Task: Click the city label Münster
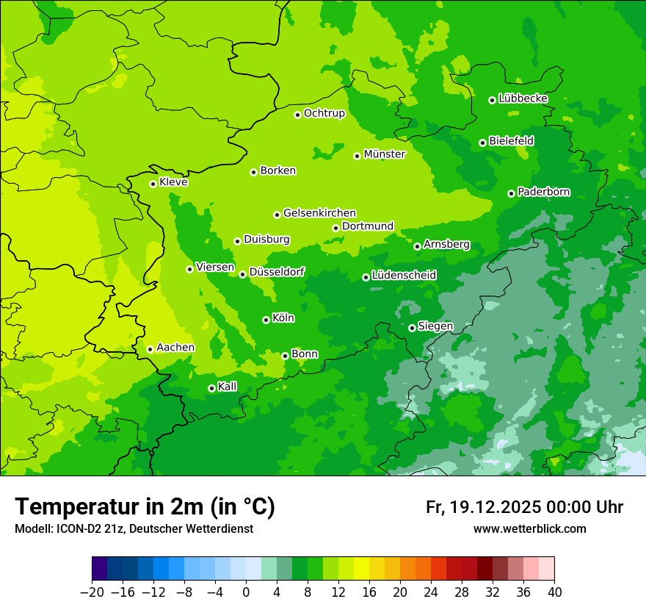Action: point(384,154)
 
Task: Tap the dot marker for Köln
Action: point(266,320)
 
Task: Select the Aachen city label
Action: point(175,348)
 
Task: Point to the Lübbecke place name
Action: point(523,98)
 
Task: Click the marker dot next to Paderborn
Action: point(511,193)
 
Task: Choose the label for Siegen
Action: point(435,326)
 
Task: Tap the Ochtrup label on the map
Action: point(324,113)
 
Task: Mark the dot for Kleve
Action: point(153,184)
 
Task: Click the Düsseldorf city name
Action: point(277,272)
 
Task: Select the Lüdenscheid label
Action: point(404,276)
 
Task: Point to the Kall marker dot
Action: point(211,388)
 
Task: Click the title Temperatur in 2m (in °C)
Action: point(145,507)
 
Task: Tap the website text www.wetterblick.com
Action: point(529,529)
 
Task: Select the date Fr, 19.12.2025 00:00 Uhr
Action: point(524,507)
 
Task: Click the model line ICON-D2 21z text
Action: point(134,529)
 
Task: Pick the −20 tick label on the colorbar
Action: point(92,592)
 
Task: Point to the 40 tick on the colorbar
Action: point(554,592)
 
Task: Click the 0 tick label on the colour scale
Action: point(246,592)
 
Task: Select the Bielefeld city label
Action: point(511,140)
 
